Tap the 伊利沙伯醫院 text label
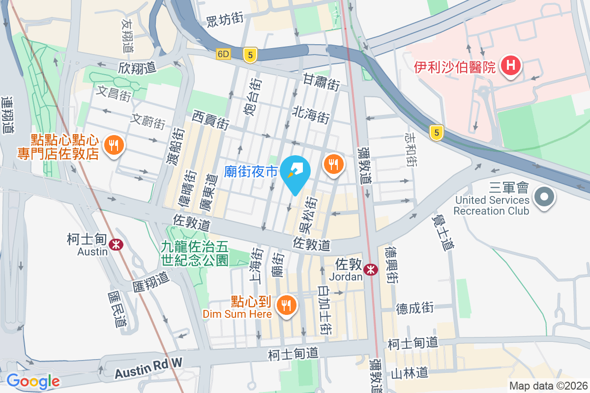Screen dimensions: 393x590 [x=454, y=66]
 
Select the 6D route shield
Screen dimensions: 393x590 [x=223, y=54]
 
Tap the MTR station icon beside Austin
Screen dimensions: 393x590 [x=117, y=244]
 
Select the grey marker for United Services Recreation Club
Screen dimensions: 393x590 [x=544, y=197]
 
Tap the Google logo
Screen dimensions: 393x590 [x=33, y=381]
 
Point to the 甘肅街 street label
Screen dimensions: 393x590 [x=321, y=82]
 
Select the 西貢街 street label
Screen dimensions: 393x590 [x=211, y=119]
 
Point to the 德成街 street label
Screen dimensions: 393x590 [x=415, y=308]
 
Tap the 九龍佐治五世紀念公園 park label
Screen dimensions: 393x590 [x=194, y=252]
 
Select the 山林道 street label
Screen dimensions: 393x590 [x=409, y=373]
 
